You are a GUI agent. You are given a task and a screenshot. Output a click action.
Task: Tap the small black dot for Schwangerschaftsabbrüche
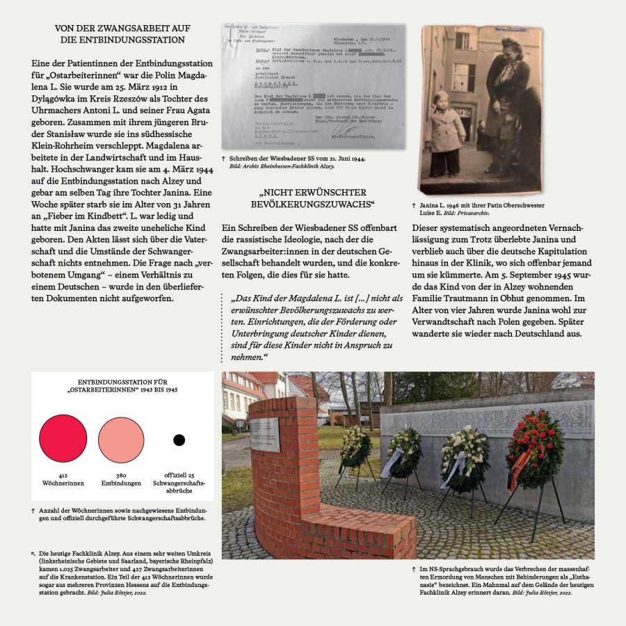[x=179, y=440]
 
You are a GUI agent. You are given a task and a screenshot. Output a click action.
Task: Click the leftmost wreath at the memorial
[x=355, y=445]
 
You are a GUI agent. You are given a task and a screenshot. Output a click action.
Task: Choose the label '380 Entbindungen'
[x=121, y=479]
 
